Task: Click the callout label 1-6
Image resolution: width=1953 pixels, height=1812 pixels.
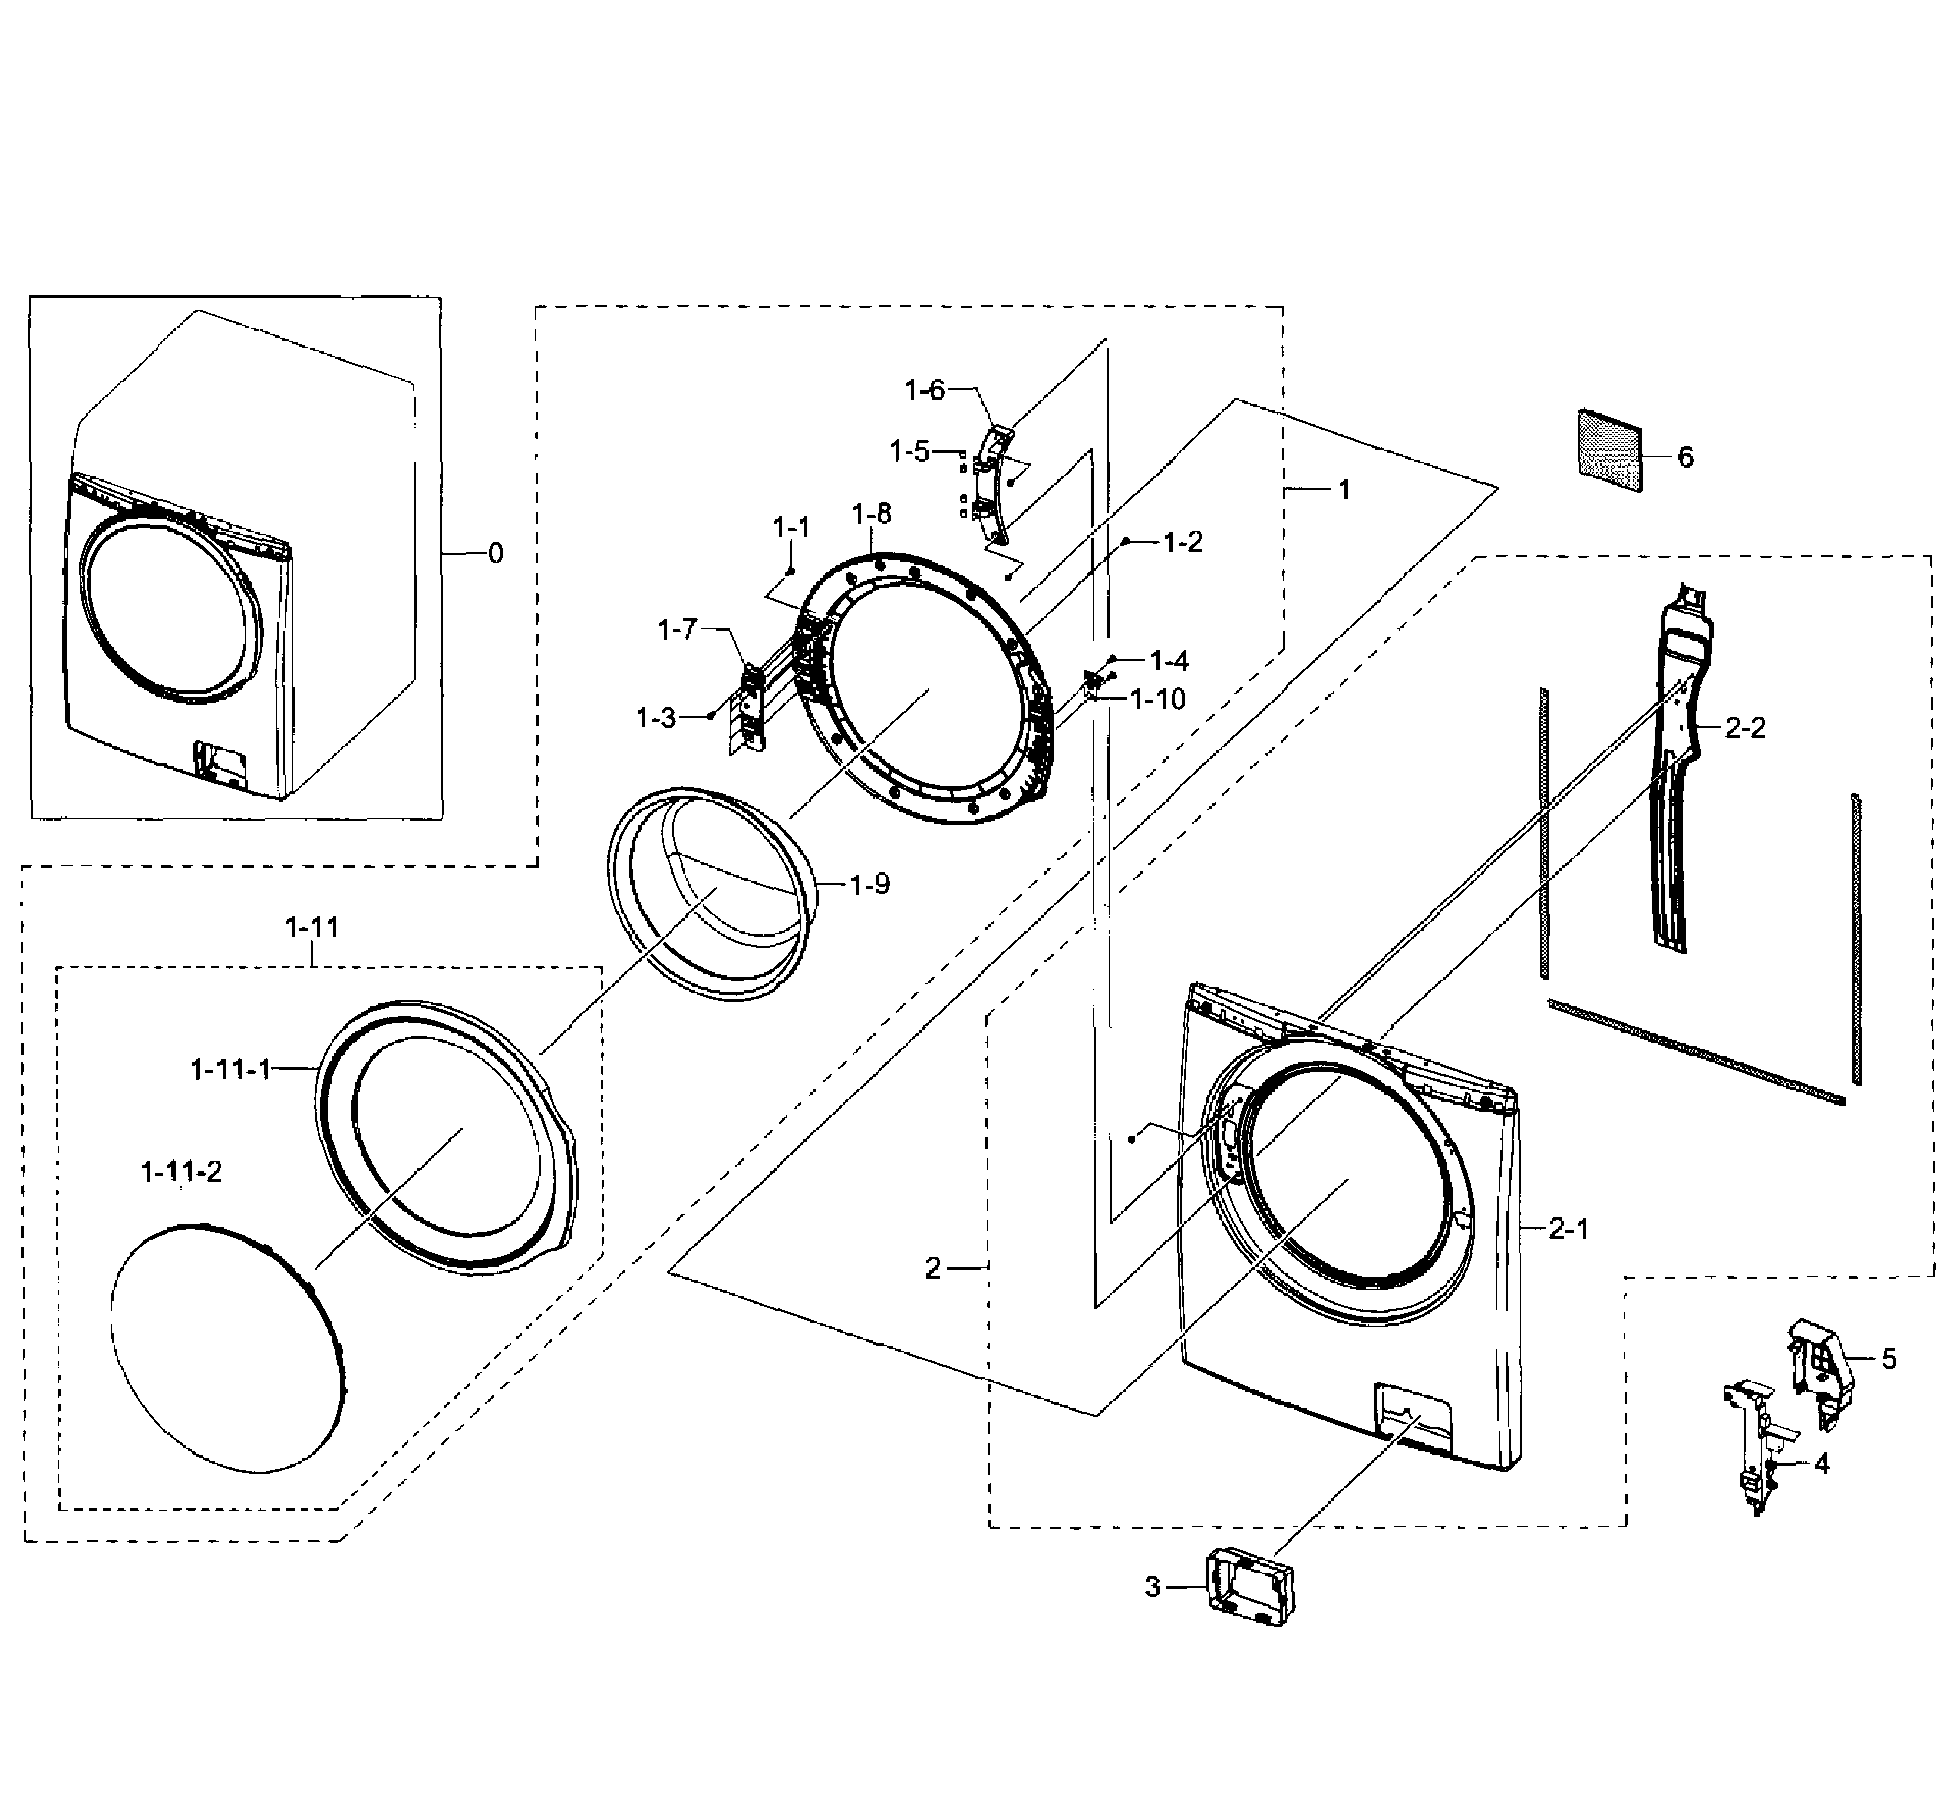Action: [x=923, y=390]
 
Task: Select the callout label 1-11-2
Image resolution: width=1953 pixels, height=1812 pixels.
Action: [x=180, y=1171]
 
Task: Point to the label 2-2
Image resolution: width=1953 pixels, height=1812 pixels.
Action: [x=1744, y=726]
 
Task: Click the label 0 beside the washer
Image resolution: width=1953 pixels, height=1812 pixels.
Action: [x=496, y=553]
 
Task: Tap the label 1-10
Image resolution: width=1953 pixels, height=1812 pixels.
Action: [x=1156, y=699]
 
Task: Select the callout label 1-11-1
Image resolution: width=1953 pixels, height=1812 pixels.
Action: [x=230, y=1069]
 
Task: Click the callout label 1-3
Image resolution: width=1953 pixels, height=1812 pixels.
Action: [x=655, y=718]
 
